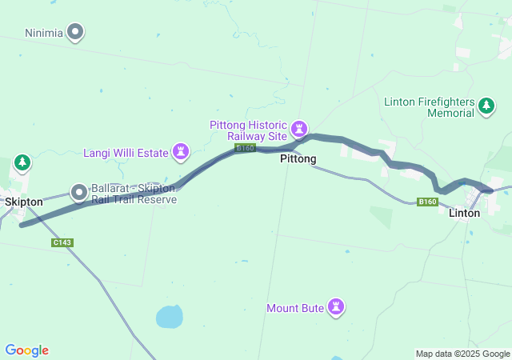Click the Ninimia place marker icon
[x=76, y=33]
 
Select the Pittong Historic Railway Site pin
[x=300, y=128]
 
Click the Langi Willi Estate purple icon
[x=182, y=152]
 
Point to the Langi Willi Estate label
[x=126, y=153]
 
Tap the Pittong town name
[x=298, y=159]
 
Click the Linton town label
[x=464, y=213]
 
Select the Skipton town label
[x=24, y=202]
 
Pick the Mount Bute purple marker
[x=336, y=307]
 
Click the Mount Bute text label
[x=297, y=308]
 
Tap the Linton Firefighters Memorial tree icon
[x=486, y=106]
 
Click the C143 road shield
[x=62, y=242]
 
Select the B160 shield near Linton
[x=428, y=202]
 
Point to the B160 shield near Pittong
[x=245, y=148]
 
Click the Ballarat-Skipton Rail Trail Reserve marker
[x=79, y=192]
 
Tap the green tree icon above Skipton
[x=22, y=164]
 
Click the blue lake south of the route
[x=170, y=317]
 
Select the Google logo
[x=26, y=350]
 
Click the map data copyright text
[x=462, y=354]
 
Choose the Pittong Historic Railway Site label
[x=248, y=130]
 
